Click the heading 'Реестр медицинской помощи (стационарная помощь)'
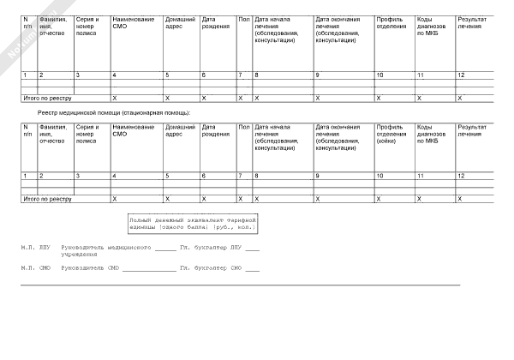tap(114, 113)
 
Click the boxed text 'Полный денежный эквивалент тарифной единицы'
tap(193, 224)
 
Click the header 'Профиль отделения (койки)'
tap(391, 135)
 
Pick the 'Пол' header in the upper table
tap(243, 19)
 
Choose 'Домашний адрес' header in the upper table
tap(178, 22)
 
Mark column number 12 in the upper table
tap(461, 76)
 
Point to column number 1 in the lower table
tap(25, 176)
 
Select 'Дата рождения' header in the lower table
tap(215, 131)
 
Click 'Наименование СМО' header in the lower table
tap(133, 131)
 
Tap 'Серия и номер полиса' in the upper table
tap(87, 26)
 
